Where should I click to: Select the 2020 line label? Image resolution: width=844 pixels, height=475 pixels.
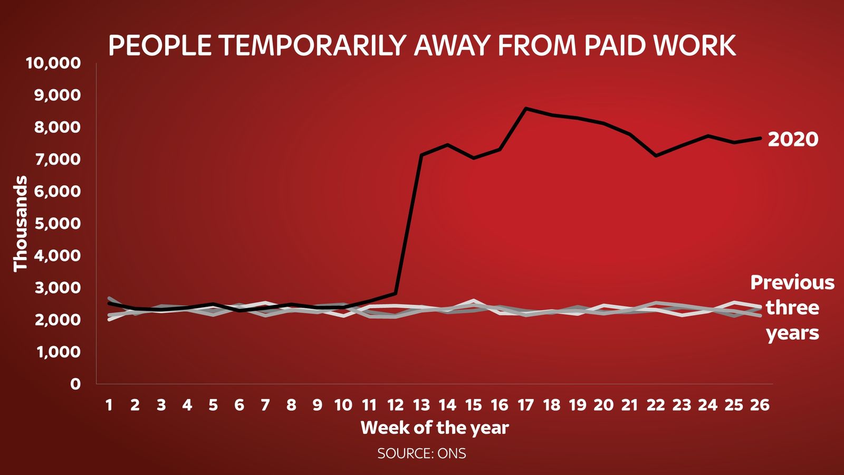[793, 139]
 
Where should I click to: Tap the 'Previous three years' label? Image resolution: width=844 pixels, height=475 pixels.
[792, 308]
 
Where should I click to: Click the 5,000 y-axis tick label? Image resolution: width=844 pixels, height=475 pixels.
[57, 223]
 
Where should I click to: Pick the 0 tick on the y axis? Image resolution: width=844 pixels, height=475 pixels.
[75, 384]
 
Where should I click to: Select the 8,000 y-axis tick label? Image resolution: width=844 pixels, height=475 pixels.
[57, 127]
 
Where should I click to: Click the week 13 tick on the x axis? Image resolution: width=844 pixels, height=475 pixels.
[421, 405]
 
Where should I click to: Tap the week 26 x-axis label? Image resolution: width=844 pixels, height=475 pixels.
[760, 405]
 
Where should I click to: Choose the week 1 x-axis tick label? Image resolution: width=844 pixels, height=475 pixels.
[109, 405]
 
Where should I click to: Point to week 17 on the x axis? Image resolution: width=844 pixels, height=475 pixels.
[525, 405]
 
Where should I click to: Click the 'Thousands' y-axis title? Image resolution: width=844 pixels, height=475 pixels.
[20, 224]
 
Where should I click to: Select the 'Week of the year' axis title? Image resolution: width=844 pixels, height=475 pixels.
[435, 427]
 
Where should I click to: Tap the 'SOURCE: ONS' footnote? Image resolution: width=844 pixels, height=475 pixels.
[421, 453]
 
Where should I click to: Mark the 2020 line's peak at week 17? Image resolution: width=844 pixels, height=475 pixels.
[525, 108]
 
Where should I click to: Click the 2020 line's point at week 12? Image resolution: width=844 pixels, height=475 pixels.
[395, 293]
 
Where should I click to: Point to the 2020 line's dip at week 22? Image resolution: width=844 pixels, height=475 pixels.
[656, 156]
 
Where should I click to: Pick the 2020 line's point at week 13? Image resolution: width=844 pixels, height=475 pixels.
[421, 155]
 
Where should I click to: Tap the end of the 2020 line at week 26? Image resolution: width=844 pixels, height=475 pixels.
[760, 138]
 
